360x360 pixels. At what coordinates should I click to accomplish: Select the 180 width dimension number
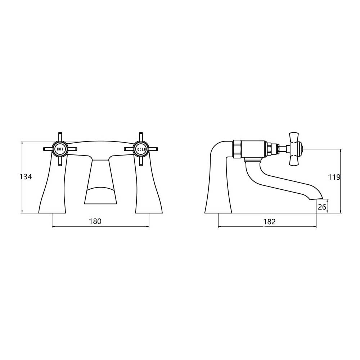pos(95,221)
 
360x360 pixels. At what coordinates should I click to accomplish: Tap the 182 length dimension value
pos(269,222)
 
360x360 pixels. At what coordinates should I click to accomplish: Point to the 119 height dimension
pos(334,177)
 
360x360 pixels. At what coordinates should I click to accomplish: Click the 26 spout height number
pos(322,207)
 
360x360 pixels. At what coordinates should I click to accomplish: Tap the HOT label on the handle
pos(60,149)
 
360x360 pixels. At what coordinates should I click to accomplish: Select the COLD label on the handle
pos(140,149)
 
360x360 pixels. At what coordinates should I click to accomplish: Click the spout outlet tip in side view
pos(321,198)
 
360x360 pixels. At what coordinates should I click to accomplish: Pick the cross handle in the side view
pos(296,148)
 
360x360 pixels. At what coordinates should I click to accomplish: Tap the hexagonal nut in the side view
pos(237,148)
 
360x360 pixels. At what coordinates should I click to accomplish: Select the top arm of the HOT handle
pos(60,137)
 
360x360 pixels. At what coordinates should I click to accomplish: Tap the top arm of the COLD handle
pos(140,137)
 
